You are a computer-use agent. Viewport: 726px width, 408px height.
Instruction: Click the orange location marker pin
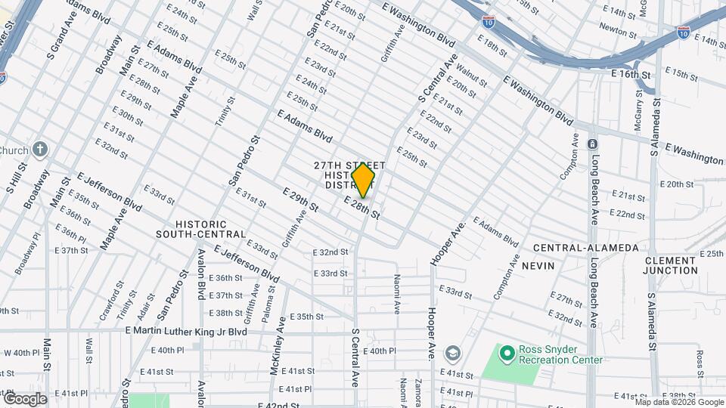[x=364, y=179]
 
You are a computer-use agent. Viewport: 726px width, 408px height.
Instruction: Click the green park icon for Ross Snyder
[x=506, y=352]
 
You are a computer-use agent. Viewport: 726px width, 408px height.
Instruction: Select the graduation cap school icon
[x=452, y=352]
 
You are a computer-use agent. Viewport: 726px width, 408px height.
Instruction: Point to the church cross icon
[x=40, y=149]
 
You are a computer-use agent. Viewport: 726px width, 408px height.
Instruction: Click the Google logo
[x=25, y=399]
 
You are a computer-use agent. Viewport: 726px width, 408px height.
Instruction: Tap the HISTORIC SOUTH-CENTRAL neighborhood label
[x=201, y=229]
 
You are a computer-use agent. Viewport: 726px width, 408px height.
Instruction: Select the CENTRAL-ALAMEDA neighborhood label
[x=585, y=248]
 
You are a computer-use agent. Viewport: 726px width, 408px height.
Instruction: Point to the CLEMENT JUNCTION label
[x=671, y=265]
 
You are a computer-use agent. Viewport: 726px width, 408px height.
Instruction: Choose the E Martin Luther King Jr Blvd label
[x=186, y=331]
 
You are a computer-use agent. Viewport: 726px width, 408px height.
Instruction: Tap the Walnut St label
[x=471, y=78]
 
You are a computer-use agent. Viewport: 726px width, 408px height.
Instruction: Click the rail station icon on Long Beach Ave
[x=593, y=144]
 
